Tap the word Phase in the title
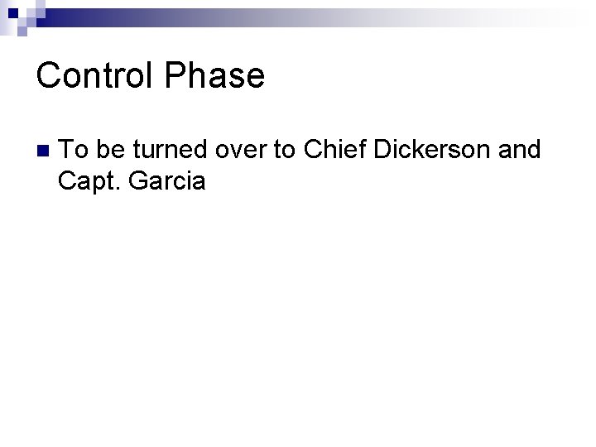coord(214,75)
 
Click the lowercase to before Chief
coord(285,150)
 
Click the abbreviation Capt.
coord(89,180)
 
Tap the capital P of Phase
coord(175,75)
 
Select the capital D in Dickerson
coord(383,150)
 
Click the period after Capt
coord(120,188)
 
